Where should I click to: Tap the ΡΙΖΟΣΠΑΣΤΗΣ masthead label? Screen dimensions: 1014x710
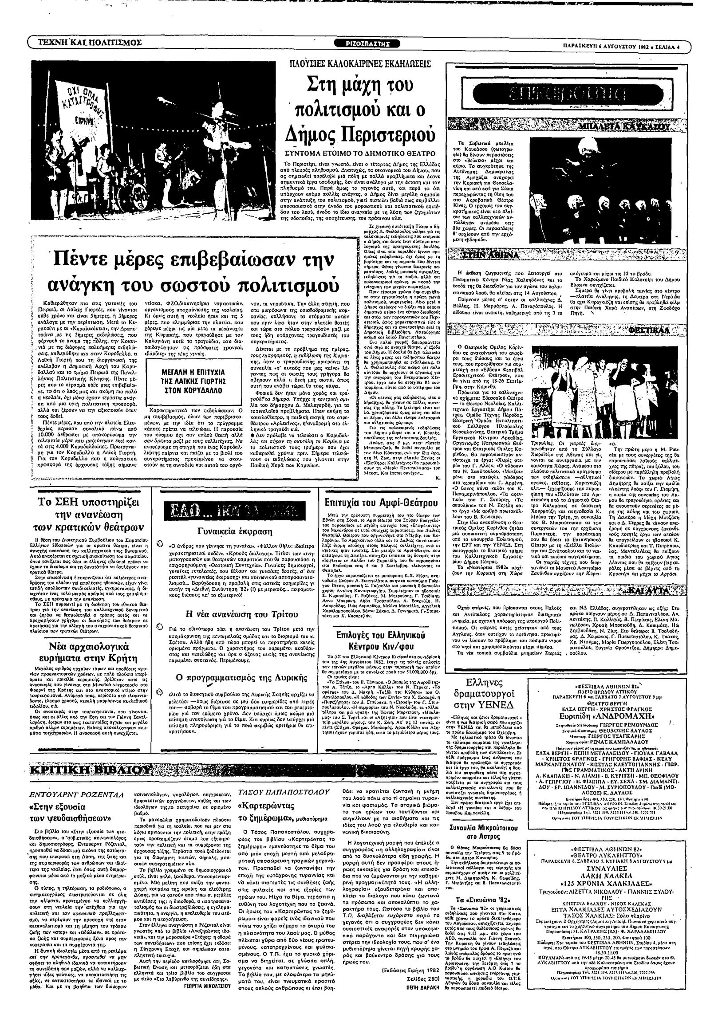pyautogui.click(x=367, y=43)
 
